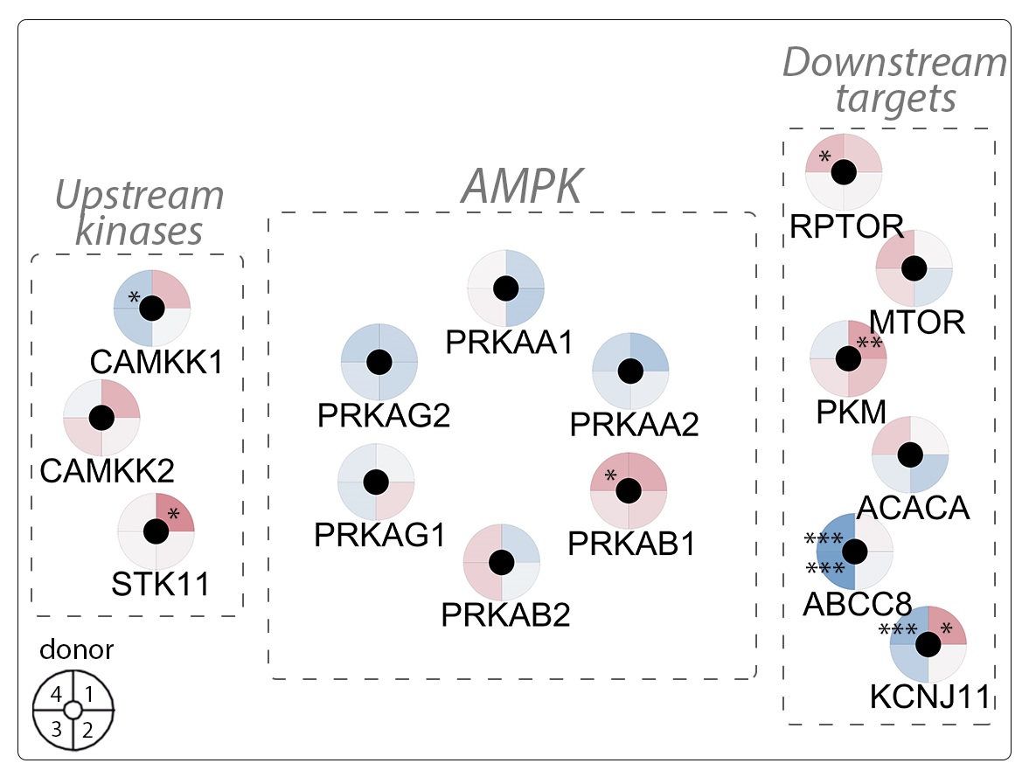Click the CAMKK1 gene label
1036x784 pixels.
(x=156, y=363)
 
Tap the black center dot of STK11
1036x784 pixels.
(x=156, y=531)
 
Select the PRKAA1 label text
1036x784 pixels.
(x=509, y=342)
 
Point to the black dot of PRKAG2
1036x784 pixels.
(x=379, y=362)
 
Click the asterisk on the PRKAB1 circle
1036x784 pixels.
(x=611, y=475)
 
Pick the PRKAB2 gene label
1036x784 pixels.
(x=505, y=614)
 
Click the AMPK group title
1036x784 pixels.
(x=521, y=185)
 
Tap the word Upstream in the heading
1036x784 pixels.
(x=140, y=195)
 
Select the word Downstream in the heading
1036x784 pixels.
(x=893, y=63)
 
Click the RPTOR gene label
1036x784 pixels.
(x=846, y=226)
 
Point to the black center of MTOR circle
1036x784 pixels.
(x=914, y=268)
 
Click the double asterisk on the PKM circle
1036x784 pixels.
(x=869, y=343)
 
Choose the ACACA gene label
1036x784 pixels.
(x=914, y=507)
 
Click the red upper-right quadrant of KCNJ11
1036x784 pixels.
(x=947, y=624)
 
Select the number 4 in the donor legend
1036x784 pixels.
(x=56, y=696)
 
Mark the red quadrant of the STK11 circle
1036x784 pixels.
(x=173, y=513)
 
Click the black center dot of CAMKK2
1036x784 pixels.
(x=102, y=418)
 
